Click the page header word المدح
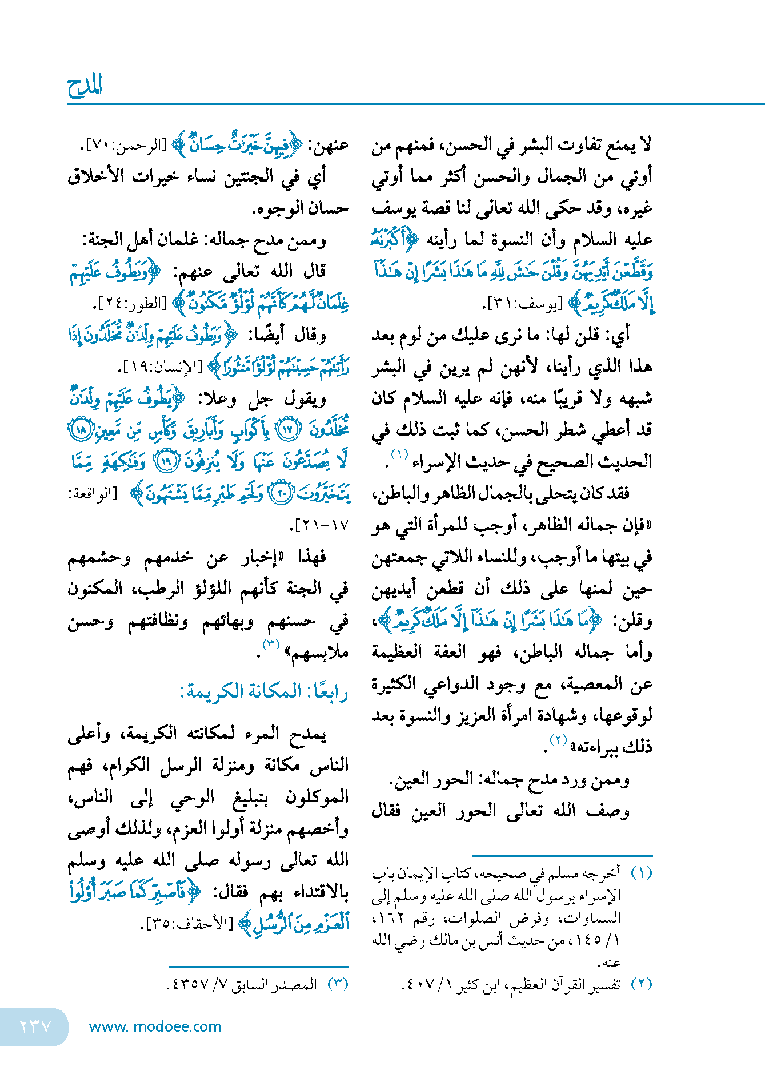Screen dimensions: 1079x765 85,86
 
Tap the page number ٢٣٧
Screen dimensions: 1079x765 35,1026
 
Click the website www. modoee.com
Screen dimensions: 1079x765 155,1026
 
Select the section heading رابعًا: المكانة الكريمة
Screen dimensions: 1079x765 264,691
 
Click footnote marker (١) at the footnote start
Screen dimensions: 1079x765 641,873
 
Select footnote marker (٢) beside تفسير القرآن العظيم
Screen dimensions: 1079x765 641,984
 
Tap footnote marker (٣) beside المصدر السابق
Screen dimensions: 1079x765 337,984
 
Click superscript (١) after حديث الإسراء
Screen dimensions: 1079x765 399,455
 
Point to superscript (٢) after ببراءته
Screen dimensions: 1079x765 558,740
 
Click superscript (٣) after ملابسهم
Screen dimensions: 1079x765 270,645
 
